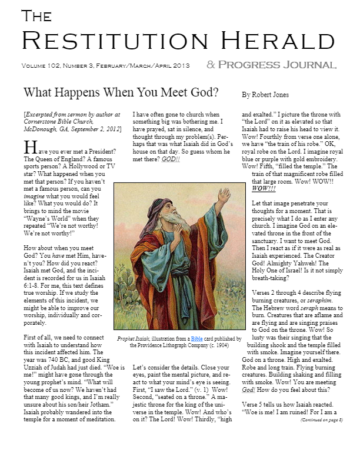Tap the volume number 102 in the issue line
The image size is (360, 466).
pos(59,65)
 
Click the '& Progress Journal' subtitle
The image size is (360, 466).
pos(271,65)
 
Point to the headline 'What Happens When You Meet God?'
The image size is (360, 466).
pos(121,92)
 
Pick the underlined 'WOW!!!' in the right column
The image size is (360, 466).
pos(264,188)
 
